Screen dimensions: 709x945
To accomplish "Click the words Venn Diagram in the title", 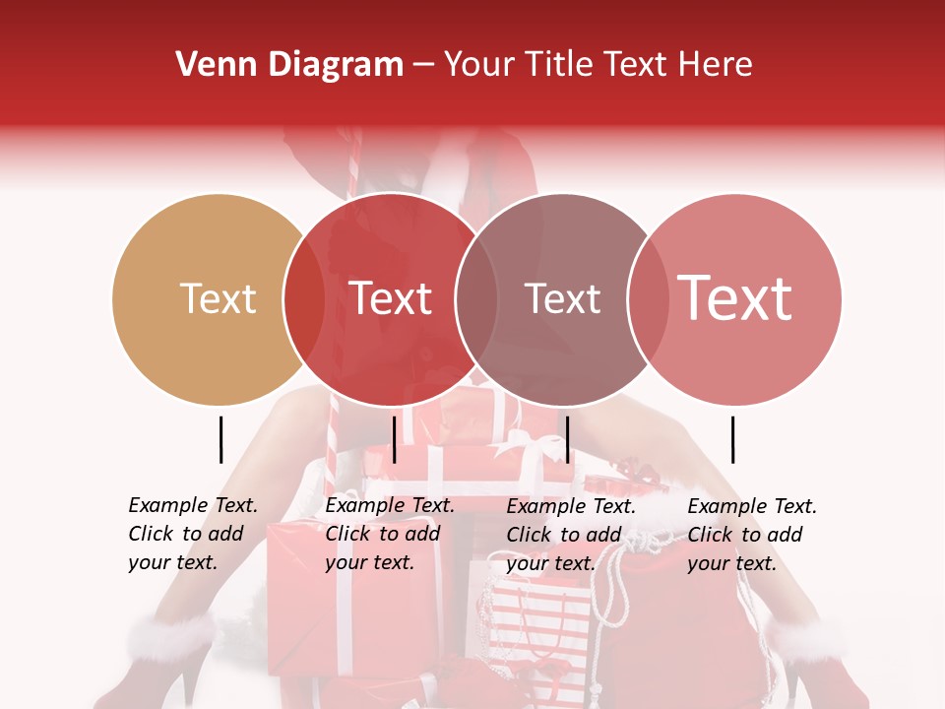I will coord(289,65).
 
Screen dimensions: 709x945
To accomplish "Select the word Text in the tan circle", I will coord(219,298).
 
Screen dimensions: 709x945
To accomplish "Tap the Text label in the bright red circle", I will coord(391,298).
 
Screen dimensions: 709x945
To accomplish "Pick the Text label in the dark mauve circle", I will coord(562,298).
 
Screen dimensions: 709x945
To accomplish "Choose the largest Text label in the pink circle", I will coord(735,298).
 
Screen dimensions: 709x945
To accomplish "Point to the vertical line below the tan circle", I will coord(220,439).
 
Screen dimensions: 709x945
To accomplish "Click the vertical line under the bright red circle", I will coord(394,439).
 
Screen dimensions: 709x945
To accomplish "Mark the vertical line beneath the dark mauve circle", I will coord(567,439).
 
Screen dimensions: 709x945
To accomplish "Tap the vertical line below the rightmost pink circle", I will coord(732,439).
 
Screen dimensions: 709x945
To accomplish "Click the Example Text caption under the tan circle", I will coord(192,534).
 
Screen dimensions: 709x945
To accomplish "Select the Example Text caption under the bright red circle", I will coord(389,534).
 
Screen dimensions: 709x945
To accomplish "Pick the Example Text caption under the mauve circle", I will coord(570,534).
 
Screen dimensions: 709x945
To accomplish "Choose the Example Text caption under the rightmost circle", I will coord(751,534).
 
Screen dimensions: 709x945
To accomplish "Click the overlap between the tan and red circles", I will coord(304,298).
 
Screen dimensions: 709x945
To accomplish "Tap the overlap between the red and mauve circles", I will coord(476,298).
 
